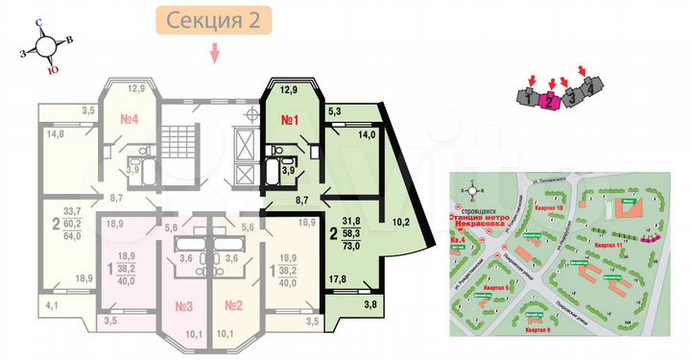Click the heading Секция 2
tap(213, 19)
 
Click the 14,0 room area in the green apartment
tap(366, 136)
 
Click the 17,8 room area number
tap(337, 280)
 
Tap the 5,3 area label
tap(335, 112)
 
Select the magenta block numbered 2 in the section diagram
tap(549, 99)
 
